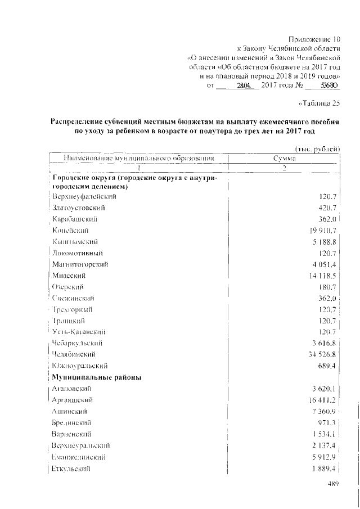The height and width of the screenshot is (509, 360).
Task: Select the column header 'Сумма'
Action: click(284, 159)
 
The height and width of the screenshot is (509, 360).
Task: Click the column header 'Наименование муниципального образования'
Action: click(139, 159)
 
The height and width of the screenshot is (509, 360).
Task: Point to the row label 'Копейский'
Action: click(71, 230)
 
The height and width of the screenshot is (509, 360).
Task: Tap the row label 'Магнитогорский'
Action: click(80, 264)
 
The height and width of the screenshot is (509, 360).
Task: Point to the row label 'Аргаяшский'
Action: click(72, 399)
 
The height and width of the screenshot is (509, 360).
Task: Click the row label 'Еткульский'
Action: click(71, 468)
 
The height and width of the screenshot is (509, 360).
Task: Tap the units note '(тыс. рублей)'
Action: click(317, 148)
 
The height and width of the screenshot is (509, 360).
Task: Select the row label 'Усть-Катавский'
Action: click(79, 331)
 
